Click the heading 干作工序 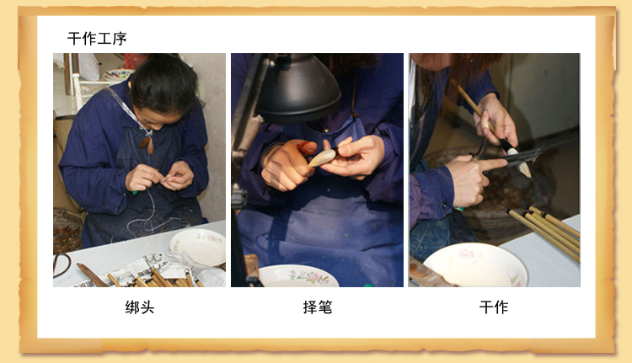coord(97,39)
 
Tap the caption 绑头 coord(139,307)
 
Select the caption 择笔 coord(318,307)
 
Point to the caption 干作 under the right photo coord(494,307)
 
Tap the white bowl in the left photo coord(198,247)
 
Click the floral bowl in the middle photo coord(297,276)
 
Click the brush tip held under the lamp coord(323,157)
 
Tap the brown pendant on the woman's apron coord(147,144)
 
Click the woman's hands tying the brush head coord(160,177)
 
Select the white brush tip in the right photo coord(519,163)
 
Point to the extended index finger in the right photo coord(493,164)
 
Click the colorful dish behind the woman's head coord(118,75)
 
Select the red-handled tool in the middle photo coord(307,149)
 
